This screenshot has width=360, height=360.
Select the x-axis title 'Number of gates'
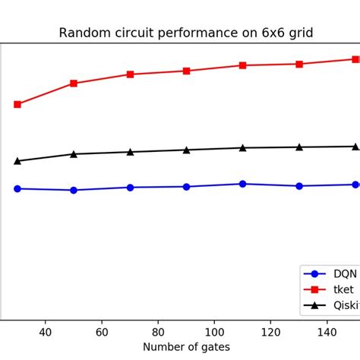(185, 346)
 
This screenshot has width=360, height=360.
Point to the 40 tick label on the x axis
(45, 331)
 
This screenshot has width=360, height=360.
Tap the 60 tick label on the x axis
(101, 331)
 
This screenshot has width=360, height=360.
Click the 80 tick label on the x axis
(158, 331)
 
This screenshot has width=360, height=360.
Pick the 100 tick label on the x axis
(214, 331)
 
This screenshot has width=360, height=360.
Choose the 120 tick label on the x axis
(270, 331)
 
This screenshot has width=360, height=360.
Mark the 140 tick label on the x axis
(327, 331)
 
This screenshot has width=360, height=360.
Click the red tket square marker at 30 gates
(17, 104)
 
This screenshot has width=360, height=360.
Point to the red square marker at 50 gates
(74, 84)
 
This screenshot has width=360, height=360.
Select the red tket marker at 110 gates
(243, 65)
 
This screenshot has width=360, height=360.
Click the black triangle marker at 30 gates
(17, 161)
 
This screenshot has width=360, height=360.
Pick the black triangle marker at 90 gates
(187, 150)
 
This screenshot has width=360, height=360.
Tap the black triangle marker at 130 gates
(299, 147)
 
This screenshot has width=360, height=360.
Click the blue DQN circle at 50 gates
(74, 190)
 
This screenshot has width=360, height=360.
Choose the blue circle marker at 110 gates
(243, 184)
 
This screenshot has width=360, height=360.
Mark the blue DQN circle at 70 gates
(130, 187)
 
